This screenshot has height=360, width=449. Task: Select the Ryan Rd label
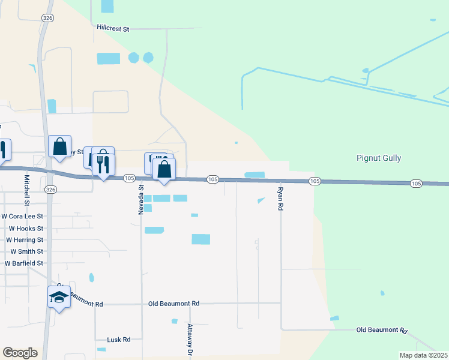[x=280, y=198]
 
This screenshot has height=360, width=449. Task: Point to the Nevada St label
[x=141, y=196]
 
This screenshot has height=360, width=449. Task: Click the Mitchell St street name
[x=26, y=188]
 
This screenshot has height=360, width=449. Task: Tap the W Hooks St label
[x=26, y=229]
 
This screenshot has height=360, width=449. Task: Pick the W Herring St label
[x=25, y=240]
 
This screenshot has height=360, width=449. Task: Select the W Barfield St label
[x=24, y=263]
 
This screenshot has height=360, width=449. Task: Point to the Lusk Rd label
[x=119, y=340]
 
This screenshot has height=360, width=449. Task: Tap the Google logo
[x=20, y=353]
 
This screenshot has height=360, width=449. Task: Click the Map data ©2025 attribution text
[x=423, y=355]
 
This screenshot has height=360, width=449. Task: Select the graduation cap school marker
[x=59, y=297]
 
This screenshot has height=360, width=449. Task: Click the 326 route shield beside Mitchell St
[x=51, y=190]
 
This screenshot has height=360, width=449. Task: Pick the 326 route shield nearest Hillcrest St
[x=47, y=19]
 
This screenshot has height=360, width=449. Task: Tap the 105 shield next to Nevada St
[x=129, y=178]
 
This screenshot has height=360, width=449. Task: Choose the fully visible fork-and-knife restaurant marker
[x=103, y=164]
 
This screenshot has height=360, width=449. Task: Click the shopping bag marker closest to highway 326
[x=60, y=147]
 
